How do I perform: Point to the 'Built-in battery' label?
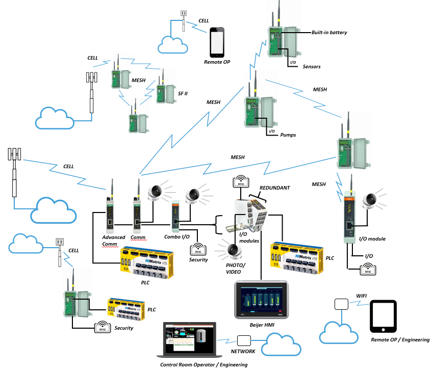tap(329, 33)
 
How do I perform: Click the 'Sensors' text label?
tap(311, 67)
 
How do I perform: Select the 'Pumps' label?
tap(288, 135)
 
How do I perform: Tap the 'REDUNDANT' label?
tap(274, 188)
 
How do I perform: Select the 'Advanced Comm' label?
tap(113, 241)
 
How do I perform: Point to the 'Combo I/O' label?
tap(177, 236)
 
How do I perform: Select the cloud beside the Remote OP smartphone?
tap(173, 45)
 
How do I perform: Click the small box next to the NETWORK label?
tap(244, 340)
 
